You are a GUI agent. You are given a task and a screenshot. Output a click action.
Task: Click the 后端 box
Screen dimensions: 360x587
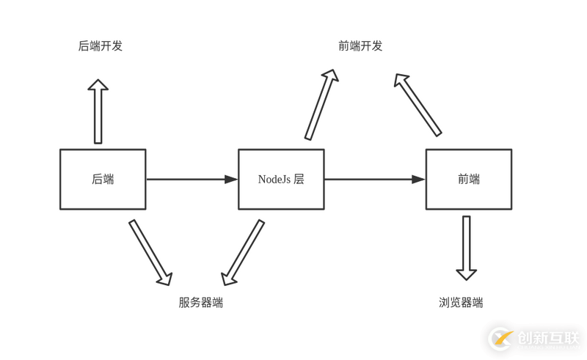tap(103, 180)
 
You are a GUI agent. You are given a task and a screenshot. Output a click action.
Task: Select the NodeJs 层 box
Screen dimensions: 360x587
tap(281, 180)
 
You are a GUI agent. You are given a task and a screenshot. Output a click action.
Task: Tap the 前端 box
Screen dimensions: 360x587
tap(468, 180)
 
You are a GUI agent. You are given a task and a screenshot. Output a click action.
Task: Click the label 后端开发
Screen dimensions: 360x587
tap(101, 45)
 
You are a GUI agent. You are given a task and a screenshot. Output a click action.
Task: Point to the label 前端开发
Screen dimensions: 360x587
tap(360, 45)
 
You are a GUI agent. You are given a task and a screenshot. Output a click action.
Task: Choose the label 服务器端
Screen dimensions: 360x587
tap(200, 302)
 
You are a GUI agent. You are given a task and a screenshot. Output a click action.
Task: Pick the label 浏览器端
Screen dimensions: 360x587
tap(461, 302)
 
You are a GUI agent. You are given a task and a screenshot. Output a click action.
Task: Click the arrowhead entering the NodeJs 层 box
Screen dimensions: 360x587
tap(231, 180)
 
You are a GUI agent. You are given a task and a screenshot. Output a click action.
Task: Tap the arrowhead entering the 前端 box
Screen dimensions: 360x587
tap(418, 180)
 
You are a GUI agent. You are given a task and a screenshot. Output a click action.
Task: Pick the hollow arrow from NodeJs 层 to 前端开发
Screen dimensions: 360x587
tap(321, 104)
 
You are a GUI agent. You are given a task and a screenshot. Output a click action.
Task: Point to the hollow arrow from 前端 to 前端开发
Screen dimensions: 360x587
tap(418, 104)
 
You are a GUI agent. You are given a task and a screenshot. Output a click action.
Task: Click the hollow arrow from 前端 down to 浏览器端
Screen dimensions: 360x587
tap(467, 248)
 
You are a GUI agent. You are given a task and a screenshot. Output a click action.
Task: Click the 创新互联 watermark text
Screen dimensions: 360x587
tap(548, 338)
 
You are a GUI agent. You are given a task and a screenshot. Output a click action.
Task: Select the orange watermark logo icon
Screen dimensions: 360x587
tap(503, 339)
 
